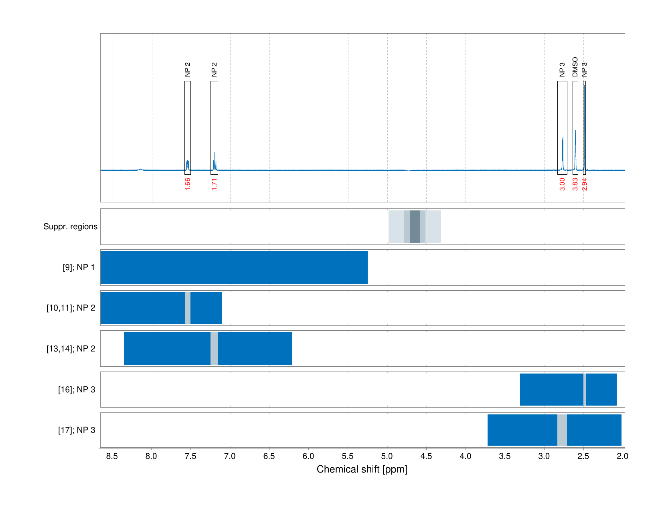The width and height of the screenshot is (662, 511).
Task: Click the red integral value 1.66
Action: click(187, 184)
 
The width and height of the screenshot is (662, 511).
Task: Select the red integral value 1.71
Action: click(214, 184)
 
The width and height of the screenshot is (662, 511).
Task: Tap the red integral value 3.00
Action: click(562, 184)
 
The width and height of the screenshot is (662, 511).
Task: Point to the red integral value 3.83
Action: click(575, 184)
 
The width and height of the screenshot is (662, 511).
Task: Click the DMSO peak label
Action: click(575, 67)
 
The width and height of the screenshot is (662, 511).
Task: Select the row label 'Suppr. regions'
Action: click(70, 226)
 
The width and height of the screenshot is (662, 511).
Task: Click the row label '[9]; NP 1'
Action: click(79, 267)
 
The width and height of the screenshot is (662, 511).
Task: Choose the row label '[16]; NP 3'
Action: click(77, 390)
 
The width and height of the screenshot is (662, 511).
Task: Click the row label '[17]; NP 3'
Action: click(77, 430)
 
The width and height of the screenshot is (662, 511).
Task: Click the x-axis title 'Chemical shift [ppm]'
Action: click(362, 469)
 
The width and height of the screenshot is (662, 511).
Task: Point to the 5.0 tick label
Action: click(387, 456)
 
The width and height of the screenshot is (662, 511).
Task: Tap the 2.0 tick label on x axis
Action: click(622, 456)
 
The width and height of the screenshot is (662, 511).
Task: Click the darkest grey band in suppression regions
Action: click(415, 226)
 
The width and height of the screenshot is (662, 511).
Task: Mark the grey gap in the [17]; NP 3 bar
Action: click(562, 430)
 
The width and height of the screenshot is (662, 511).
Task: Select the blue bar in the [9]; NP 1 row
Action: click(234, 267)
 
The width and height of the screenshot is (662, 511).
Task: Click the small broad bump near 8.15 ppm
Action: click(140, 169)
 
